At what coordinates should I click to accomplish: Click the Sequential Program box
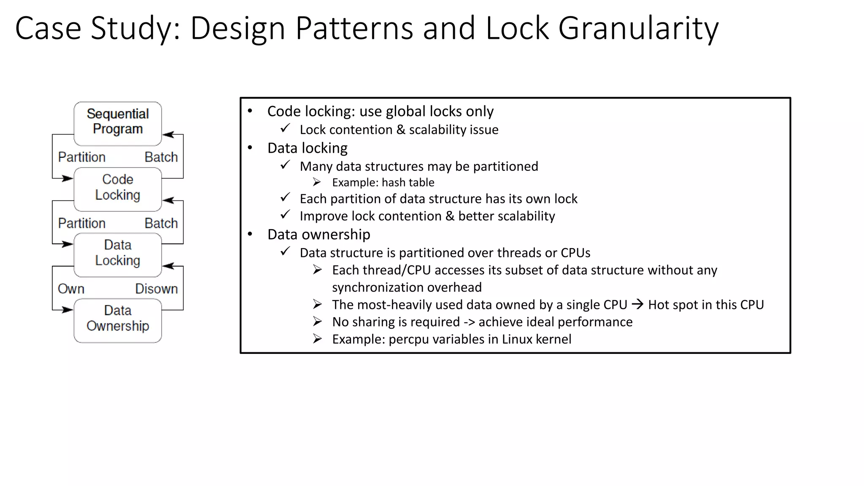tap(118, 123)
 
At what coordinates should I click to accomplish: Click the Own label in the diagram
tap(71, 289)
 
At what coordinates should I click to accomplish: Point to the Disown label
tap(157, 289)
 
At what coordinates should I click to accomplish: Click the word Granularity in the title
tap(638, 29)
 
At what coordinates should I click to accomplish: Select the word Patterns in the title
tap(354, 29)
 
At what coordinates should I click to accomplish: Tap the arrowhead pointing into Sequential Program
tap(168, 135)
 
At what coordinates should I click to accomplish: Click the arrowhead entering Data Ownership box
tap(67, 310)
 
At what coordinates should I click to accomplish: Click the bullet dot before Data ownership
tap(250, 234)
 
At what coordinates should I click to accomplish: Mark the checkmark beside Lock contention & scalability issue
tap(286, 128)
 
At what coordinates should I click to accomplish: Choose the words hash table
tap(408, 183)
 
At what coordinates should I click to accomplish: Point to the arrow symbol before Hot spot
tap(637, 304)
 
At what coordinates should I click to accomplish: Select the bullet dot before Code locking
tap(250, 111)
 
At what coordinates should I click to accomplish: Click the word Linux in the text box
tap(517, 339)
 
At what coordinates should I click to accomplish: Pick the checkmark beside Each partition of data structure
tap(286, 197)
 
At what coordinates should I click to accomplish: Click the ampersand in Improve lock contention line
tap(450, 216)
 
